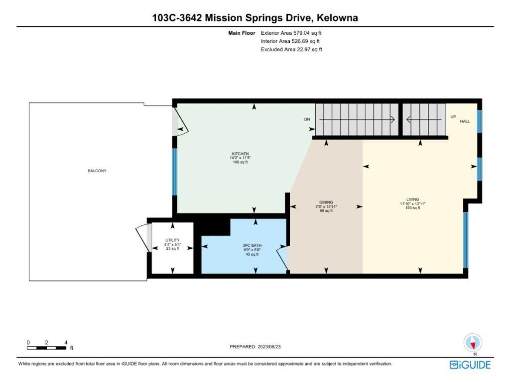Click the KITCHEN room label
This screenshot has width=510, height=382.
pos(240,154)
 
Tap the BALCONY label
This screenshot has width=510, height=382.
pos(97,171)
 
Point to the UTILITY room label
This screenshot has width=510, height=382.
pos(172,240)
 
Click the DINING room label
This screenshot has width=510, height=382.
pos(326,202)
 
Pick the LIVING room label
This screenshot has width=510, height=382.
pos(412,199)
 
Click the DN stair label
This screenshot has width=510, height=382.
pos(307,119)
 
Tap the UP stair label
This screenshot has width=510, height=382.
pos(453,116)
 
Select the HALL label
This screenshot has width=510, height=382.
pos(465,121)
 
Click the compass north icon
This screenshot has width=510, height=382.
pos(473,343)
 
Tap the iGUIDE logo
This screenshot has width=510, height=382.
pos(470,365)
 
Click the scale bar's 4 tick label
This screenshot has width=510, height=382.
pos(66,342)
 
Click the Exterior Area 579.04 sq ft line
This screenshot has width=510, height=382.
pos(291,33)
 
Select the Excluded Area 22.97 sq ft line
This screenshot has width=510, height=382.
pos(291,49)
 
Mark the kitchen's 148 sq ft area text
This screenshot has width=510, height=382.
pos(240,162)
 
